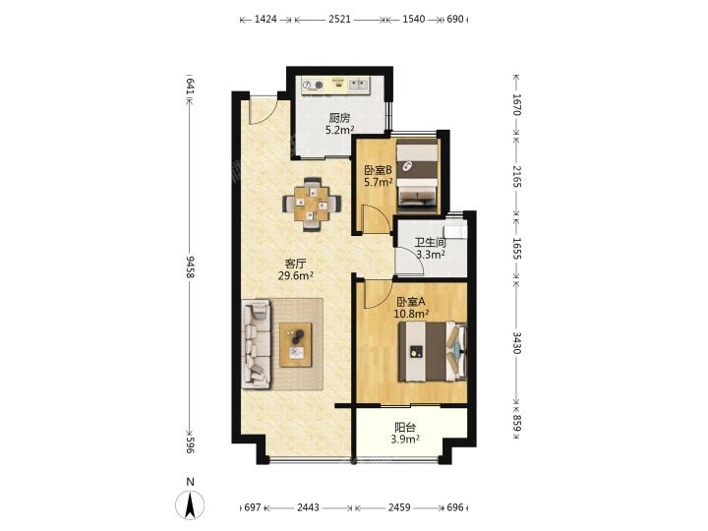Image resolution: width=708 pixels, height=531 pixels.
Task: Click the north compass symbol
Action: point(190,503)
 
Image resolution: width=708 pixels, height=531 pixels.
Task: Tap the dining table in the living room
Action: point(312,205)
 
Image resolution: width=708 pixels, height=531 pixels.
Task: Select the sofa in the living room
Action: point(257,344)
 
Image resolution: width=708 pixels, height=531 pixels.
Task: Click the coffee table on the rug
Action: point(296,344)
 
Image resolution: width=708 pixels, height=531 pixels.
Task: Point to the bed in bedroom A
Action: point(432,351)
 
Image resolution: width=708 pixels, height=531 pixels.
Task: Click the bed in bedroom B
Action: point(417,175)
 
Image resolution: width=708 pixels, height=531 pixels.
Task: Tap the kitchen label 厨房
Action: point(339,118)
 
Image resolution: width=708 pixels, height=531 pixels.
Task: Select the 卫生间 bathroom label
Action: point(431,243)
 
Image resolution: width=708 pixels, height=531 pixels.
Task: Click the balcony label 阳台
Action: point(405,427)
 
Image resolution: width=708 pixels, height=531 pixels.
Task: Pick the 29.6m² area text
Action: point(296,275)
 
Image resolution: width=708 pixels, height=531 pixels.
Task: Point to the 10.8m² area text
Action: point(411,313)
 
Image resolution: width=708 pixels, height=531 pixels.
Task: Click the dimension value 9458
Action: point(190,266)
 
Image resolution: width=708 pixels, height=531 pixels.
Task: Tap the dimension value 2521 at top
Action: point(339,19)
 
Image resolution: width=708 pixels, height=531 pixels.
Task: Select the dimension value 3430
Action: point(517,343)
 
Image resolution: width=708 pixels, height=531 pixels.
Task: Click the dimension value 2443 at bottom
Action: point(308,507)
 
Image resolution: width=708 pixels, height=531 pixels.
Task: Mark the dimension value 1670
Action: point(517,104)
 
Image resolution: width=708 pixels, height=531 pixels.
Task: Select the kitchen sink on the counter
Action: point(359,85)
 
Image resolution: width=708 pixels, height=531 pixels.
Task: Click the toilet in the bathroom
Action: point(458,231)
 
